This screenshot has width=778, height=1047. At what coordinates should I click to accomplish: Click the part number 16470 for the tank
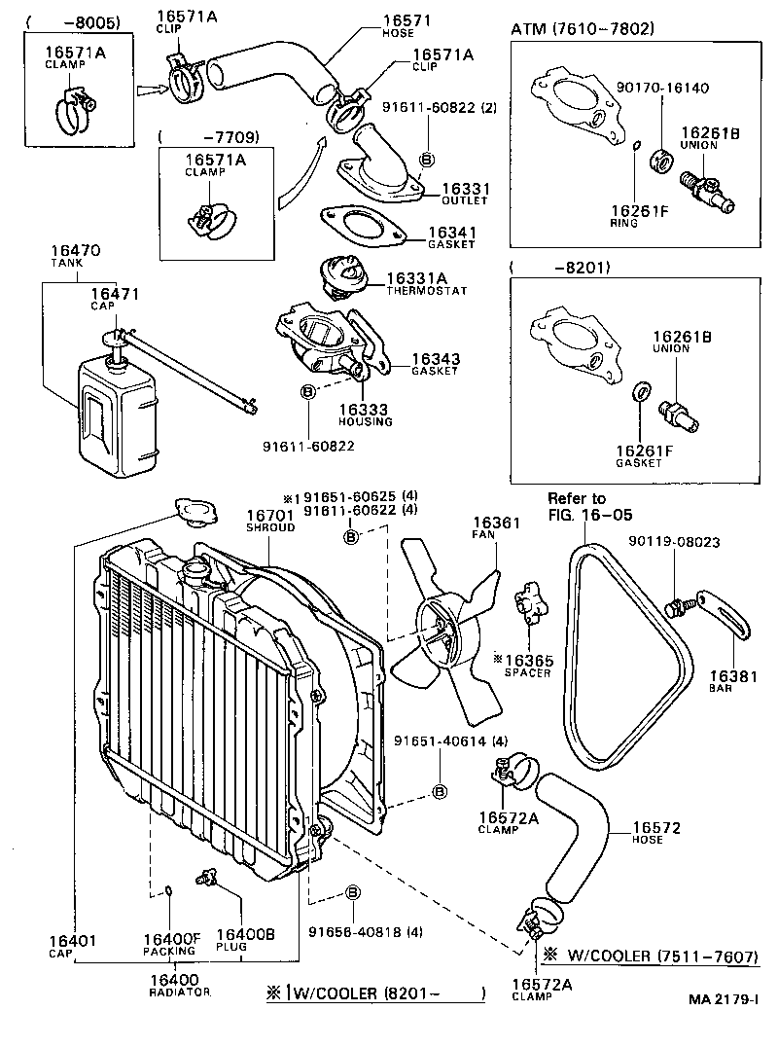point(71,256)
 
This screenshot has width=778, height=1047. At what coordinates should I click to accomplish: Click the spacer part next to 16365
point(530,600)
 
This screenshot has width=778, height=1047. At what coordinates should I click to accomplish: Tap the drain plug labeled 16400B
point(206,877)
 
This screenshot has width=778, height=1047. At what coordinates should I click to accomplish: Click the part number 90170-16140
point(662,88)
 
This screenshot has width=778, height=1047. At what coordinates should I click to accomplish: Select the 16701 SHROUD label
point(268,522)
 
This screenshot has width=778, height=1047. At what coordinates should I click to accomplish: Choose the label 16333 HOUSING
point(365,415)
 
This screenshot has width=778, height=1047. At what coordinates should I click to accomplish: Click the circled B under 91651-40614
point(439,791)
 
